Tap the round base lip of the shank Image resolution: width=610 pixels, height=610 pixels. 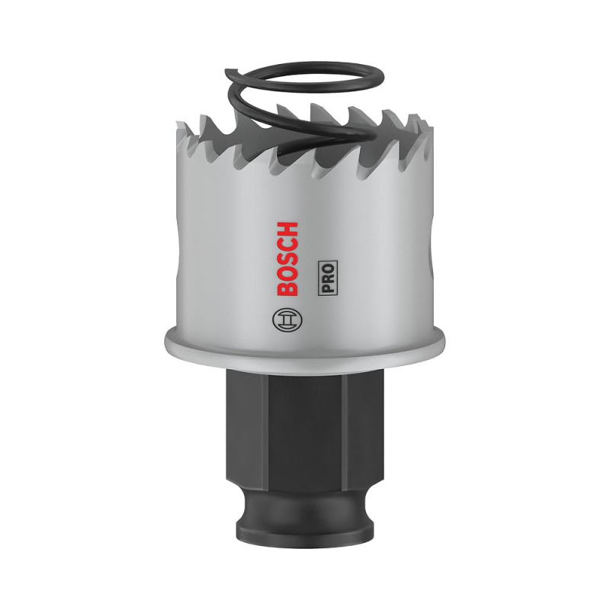(x=305, y=507)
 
